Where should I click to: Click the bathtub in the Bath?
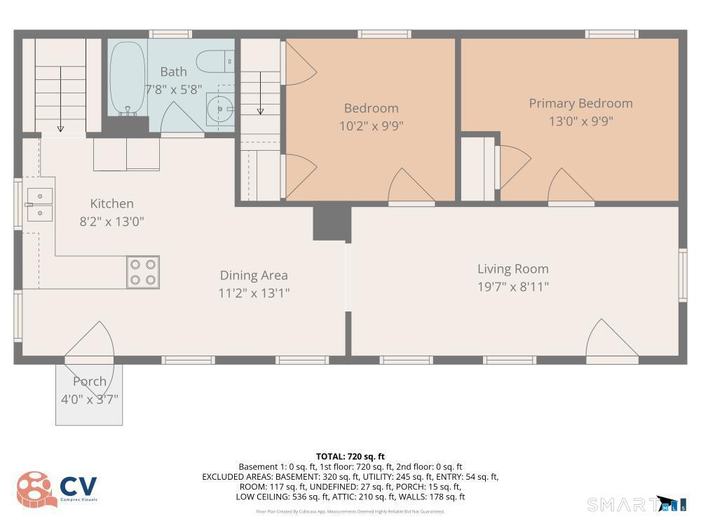pyautogui.click(x=128, y=77)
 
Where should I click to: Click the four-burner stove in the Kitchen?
pyautogui.click(x=142, y=272)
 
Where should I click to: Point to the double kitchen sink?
pyautogui.click(x=40, y=204)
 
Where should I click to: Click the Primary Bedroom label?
pyautogui.click(x=580, y=103)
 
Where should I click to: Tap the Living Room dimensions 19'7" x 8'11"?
pyautogui.click(x=512, y=286)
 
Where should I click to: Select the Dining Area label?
pyautogui.click(x=254, y=276)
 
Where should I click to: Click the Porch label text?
pyautogui.click(x=90, y=382)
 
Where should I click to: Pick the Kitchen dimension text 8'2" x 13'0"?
pyautogui.click(x=111, y=222)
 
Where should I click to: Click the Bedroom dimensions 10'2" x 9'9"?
pyautogui.click(x=371, y=126)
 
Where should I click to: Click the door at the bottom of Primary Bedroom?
pyautogui.click(x=569, y=186)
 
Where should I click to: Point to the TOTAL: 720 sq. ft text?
pyautogui.click(x=350, y=457)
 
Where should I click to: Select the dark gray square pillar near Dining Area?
pyautogui.click(x=331, y=223)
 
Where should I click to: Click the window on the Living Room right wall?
pyautogui.click(x=682, y=275)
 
